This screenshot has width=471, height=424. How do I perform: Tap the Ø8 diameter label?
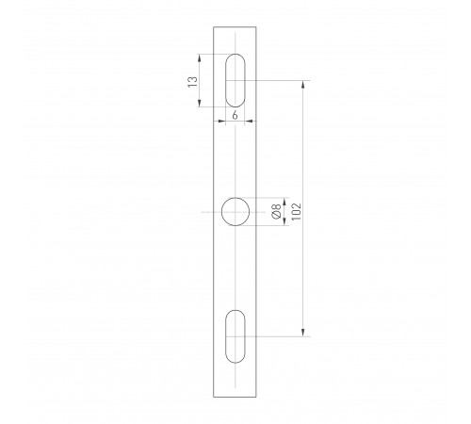276,212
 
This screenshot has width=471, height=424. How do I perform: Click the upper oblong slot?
235,81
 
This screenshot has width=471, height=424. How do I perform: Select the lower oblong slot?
235,334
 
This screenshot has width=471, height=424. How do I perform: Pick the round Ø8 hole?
235,212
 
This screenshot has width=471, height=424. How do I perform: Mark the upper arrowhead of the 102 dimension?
302,85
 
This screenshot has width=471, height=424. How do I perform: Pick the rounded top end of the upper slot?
235,57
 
